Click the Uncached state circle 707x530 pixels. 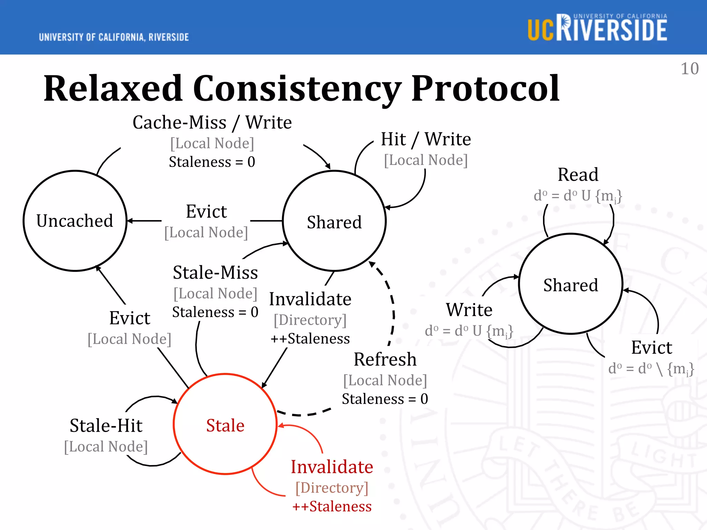coord(75,221)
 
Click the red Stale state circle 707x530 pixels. coord(225,424)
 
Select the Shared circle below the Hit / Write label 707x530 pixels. coord(334,221)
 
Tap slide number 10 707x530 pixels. coord(689,69)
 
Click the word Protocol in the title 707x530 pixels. coord(485,89)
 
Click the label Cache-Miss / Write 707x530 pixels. coord(212,122)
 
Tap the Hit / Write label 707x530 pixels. coord(426,139)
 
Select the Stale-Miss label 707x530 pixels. coord(215,273)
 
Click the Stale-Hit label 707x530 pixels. coord(106,425)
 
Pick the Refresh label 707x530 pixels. coord(385,360)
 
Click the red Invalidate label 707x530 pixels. coord(332,467)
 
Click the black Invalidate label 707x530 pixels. coord(310,299)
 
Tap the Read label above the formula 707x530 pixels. coord(578,175)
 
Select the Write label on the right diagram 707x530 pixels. coord(469,310)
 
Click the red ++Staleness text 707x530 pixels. coord(332,507)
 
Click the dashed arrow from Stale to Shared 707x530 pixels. coord(393,311)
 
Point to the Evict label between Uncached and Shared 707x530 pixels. coord(206,212)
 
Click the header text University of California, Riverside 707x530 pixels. coord(114,37)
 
